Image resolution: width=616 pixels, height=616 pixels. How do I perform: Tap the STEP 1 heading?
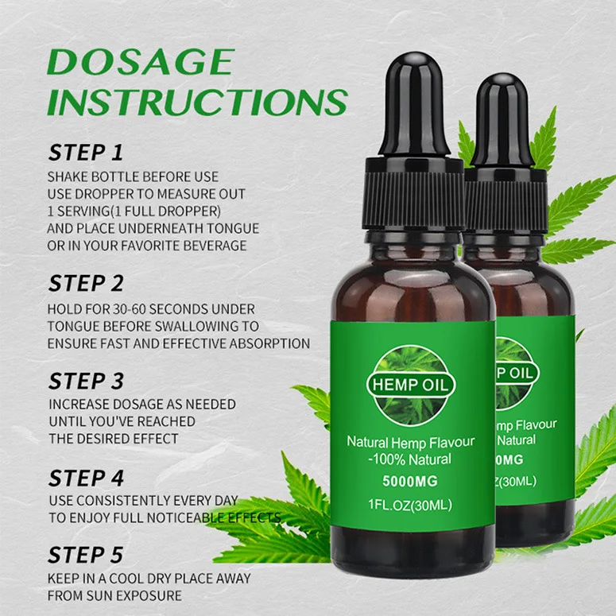[x=86, y=152]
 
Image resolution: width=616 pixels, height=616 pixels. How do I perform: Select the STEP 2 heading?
[x=86, y=283]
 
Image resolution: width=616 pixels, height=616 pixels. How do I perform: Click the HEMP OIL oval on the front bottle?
[x=410, y=384]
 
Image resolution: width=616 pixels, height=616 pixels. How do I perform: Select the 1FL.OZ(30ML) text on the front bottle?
[x=410, y=504]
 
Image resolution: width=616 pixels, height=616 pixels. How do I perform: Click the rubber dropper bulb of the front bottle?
[x=413, y=103]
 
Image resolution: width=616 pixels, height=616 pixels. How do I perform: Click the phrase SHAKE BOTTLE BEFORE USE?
[x=133, y=176]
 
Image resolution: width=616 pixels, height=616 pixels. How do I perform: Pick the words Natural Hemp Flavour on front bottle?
[x=410, y=441]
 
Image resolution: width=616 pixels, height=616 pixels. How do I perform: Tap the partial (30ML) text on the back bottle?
[x=517, y=481]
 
